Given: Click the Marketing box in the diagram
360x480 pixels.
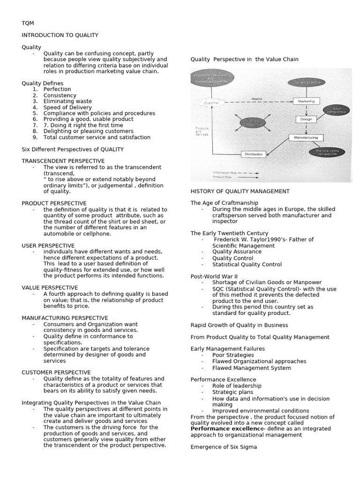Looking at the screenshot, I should pos(306,101).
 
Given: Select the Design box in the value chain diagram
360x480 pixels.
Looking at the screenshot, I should pos(303,119).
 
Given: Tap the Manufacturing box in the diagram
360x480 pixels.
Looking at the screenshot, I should pos(306,137).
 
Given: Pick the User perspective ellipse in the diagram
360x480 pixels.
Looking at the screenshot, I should pos(307,82).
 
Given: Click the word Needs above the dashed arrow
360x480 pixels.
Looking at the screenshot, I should pos(257,99).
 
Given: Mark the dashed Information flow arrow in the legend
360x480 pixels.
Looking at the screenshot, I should pos(248,173).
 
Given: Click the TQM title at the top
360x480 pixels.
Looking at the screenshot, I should pos(28,23).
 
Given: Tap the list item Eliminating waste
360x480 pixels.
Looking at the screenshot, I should pos(67,101).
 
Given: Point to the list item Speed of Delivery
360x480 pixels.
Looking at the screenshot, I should pos(67,107).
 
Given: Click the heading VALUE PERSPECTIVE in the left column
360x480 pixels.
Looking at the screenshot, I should pos(50,287).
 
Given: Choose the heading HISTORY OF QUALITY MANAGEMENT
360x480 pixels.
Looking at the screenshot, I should pos(240,191).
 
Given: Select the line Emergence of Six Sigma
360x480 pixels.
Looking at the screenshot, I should pos(224,447).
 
